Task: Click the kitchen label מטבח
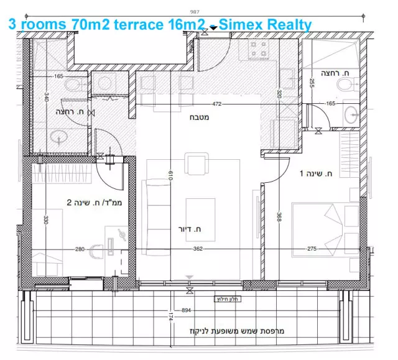(x=201, y=116)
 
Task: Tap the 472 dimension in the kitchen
(x=217, y=104)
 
